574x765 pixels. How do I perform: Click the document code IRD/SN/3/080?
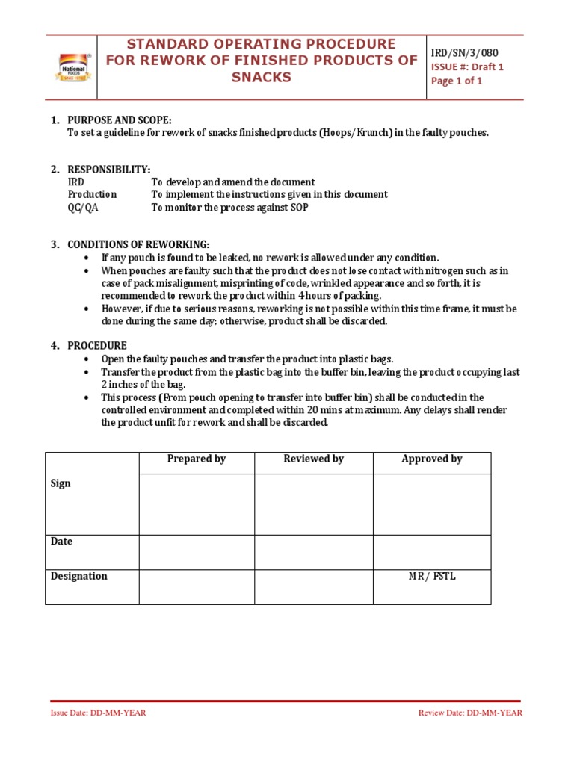[464, 52]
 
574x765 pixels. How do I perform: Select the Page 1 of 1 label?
[457, 81]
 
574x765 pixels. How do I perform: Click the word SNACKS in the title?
[262, 78]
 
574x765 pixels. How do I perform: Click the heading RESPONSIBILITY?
[109, 170]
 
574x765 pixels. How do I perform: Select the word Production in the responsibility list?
[92, 194]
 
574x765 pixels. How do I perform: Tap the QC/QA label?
[83, 208]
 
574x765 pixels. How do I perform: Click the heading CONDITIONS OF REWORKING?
[138, 245]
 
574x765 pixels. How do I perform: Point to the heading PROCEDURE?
[97, 346]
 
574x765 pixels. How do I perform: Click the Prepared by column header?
[197, 459]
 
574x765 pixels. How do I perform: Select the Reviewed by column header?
[313, 459]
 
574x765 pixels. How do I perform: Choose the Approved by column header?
[432, 459]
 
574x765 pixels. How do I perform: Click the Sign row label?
[61, 483]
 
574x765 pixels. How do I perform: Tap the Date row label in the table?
[61, 541]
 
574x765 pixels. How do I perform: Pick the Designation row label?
[78, 576]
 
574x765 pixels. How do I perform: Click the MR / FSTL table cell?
[432, 576]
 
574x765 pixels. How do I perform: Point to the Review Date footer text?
[470, 713]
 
